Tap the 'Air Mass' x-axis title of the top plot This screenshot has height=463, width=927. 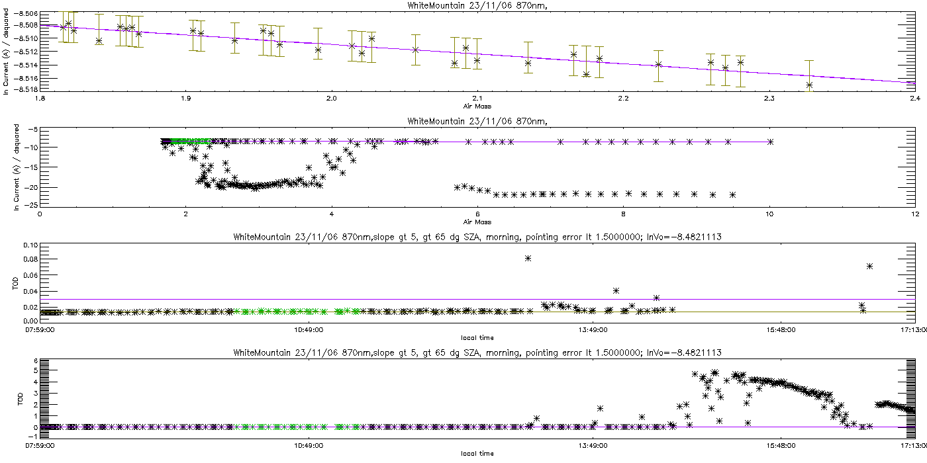[477, 105]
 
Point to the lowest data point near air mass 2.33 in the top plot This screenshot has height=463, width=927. [809, 85]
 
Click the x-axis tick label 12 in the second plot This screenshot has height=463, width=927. [914, 214]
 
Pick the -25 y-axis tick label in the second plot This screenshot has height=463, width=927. [29, 204]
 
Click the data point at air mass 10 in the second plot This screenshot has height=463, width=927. [769, 142]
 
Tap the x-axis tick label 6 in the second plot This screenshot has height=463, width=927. [477, 214]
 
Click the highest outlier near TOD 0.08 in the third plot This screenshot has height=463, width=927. [528, 258]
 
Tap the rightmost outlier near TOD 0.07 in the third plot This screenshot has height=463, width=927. [869, 266]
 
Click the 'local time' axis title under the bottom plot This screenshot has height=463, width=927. [477, 453]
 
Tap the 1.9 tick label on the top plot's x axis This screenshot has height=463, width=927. [185, 98]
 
